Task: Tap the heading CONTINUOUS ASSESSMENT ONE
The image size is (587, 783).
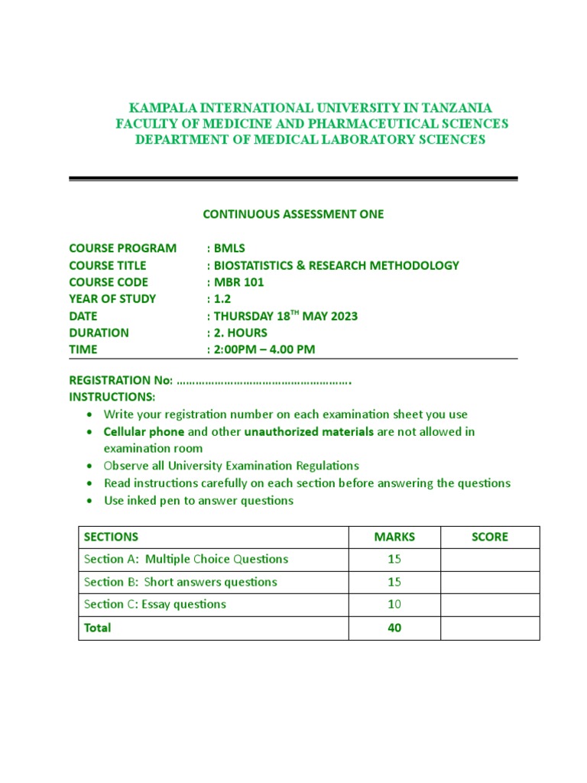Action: tap(293, 214)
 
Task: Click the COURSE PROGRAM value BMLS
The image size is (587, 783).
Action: tap(229, 249)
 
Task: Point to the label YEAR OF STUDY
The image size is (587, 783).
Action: tap(112, 299)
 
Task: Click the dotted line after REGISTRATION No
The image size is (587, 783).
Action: tap(264, 381)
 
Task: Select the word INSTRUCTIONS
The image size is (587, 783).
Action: tap(112, 397)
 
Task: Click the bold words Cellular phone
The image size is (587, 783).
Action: tap(144, 432)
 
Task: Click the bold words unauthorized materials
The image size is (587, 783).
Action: tap(309, 432)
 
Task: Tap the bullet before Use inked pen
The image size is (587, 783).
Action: tap(89, 501)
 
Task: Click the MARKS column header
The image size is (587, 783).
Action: tap(394, 537)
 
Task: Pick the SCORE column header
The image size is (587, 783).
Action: tap(490, 537)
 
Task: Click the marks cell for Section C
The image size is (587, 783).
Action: tap(394, 605)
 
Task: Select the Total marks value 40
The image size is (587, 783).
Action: tap(394, 628)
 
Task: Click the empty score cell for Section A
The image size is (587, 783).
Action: tap(490, 560)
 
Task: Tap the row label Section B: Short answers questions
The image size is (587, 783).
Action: tap(180, 582)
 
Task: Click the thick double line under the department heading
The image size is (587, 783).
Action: tap(293, 179)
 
